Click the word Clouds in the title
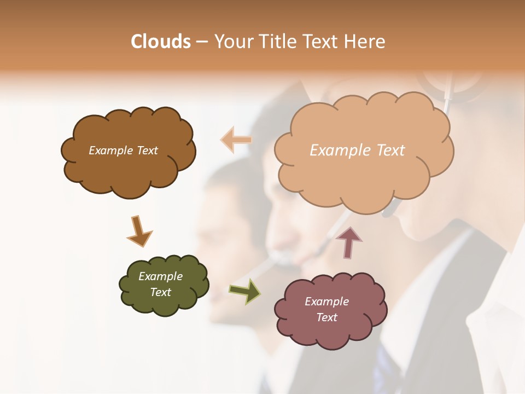[x=161, y=42]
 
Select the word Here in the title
[x=365, y=42]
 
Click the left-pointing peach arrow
[x=236, y=140]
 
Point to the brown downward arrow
[x=139, y=231]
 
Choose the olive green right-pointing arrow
[x=245, y=291]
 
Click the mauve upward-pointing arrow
[x=348, y=242]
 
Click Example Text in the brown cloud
[x=123, y=150]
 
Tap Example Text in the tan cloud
[x=357, y=150]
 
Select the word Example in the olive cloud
[x=160, y=276]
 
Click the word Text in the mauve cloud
[x=326, y=317]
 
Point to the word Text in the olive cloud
[x=160, y=292]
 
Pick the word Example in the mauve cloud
[x=326, y=302]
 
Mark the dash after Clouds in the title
[x=201, y=42]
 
